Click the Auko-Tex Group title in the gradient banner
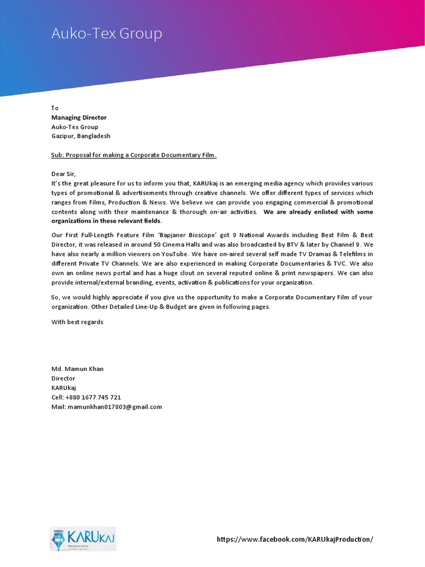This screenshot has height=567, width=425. [107, 34]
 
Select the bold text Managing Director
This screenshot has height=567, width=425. [79, 117]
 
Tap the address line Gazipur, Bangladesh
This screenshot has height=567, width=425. [81, 136]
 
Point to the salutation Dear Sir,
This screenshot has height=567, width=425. [63, 174]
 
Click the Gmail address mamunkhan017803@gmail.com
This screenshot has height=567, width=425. [115, 407]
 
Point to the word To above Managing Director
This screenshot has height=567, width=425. [55, 108]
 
